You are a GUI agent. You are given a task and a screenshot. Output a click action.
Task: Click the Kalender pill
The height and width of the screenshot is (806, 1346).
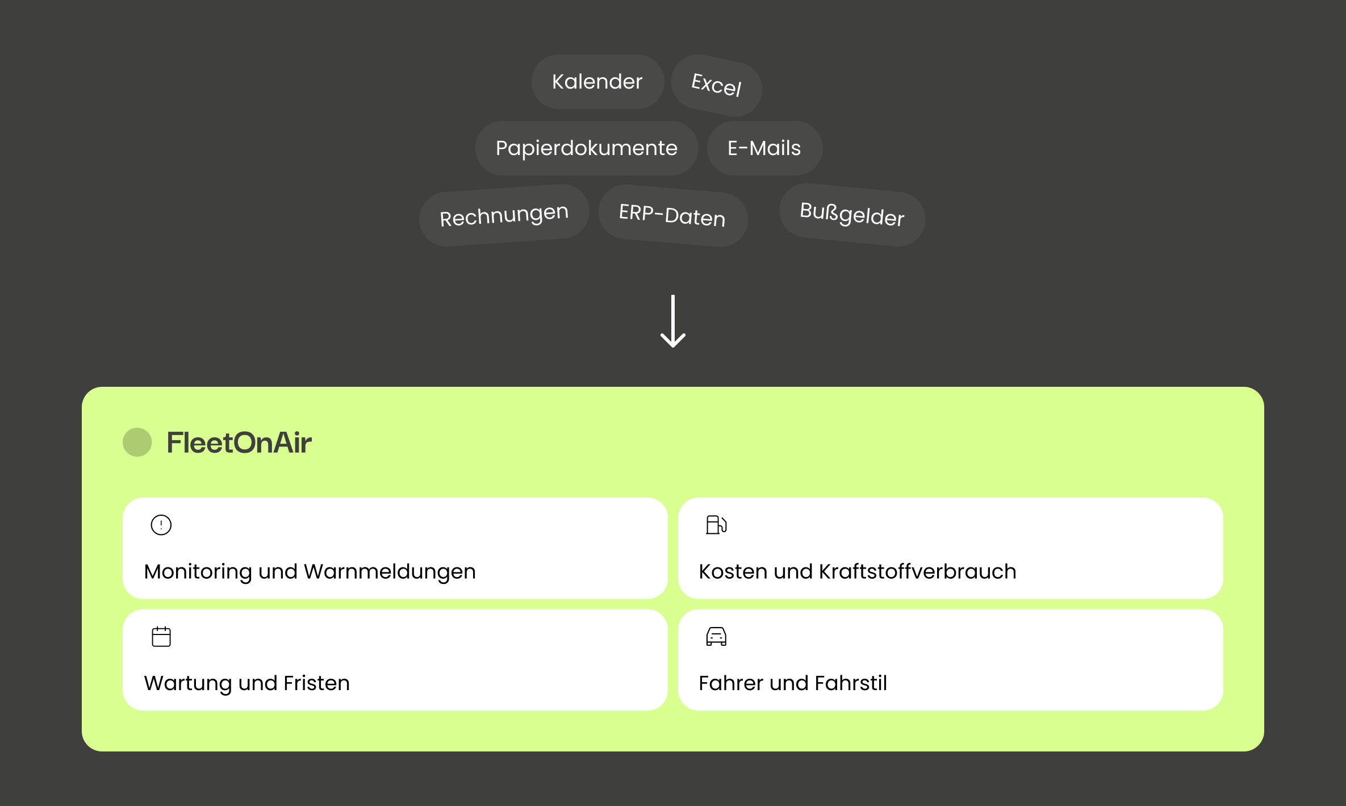597,82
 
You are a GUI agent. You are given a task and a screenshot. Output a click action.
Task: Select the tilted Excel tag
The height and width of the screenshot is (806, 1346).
717,85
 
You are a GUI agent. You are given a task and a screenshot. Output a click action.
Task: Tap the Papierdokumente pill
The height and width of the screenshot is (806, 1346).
587,148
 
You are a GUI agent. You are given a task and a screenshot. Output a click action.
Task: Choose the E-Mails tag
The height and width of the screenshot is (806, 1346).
764,148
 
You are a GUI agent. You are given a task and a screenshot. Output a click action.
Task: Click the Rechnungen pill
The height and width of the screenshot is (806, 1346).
504,215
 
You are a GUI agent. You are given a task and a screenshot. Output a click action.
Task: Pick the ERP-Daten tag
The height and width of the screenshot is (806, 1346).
672,216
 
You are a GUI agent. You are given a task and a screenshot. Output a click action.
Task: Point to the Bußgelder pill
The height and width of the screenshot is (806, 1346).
852,215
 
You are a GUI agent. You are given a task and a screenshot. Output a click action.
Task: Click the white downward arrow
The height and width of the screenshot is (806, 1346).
673,321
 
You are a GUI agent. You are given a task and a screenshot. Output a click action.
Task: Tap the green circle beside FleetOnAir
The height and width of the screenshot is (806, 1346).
137,442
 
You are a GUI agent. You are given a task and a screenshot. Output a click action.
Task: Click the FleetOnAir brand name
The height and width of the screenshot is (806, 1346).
239,442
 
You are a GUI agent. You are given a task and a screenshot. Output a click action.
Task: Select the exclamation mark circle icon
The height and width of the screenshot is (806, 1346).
161,525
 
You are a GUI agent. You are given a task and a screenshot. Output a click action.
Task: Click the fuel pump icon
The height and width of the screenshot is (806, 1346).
716,525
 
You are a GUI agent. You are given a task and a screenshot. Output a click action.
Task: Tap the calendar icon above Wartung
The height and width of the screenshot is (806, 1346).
161,636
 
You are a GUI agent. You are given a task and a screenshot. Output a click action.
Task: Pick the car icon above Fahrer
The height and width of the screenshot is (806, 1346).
716,636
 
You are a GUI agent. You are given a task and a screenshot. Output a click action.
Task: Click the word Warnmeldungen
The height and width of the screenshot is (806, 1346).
390,571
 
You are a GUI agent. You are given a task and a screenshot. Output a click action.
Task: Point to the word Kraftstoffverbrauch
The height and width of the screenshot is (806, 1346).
918,571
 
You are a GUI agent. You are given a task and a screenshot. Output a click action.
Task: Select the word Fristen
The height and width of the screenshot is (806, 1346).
317,683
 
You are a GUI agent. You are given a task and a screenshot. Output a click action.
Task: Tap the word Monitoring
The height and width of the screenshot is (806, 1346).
198,572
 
